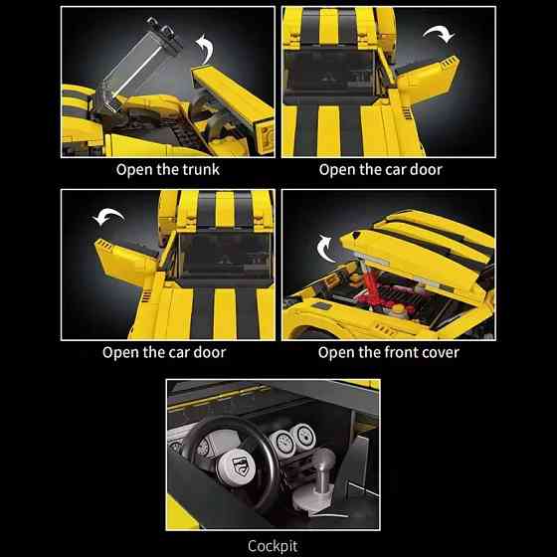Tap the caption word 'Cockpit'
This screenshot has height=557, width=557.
click(273, 546)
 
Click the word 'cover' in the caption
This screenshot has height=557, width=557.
click(443, 352)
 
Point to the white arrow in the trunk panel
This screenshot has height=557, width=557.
click(206, 48)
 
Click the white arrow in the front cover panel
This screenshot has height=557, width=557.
click(324, 248)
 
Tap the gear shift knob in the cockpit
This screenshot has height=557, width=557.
click(323, 458)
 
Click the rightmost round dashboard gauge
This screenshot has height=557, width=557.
click(303, 436)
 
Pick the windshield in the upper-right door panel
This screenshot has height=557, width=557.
click(329, 72)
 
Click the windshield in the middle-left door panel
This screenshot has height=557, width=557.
click(226, 257)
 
